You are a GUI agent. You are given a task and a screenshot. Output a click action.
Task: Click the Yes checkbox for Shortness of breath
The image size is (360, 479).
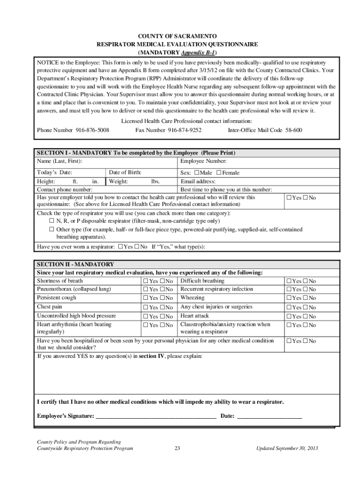pos(145,281)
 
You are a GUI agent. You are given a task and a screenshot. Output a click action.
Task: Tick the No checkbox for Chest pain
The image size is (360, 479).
pos(162,307)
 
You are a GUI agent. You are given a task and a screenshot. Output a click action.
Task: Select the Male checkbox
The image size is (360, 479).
pos(197,173)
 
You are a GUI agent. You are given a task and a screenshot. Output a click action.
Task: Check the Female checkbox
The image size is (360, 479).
pos(219,173)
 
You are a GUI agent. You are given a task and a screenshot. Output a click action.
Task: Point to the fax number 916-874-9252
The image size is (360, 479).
pos(185,130)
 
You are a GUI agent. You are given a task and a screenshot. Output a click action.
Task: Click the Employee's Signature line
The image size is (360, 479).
pos(156,416)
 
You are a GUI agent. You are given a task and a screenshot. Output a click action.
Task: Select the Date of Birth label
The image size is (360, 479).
pos(125,173)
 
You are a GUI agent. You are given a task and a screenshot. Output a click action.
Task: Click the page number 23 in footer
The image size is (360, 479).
pos(178,448)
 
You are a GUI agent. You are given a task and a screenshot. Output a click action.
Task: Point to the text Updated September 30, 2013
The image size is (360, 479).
pos(287,448)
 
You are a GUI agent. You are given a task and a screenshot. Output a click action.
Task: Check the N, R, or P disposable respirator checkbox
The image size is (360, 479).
pos(52,221)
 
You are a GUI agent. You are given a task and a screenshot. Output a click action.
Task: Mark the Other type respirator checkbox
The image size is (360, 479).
pos(52,230)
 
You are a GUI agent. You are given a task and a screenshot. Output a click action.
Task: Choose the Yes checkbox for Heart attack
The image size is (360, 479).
pos(289,317)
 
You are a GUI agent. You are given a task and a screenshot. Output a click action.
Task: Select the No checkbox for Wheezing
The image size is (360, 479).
pos(306,298)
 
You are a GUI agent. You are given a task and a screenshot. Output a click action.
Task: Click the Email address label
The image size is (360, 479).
pos(198,181)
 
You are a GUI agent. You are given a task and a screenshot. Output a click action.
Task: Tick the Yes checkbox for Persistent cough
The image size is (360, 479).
pos(145,298)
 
